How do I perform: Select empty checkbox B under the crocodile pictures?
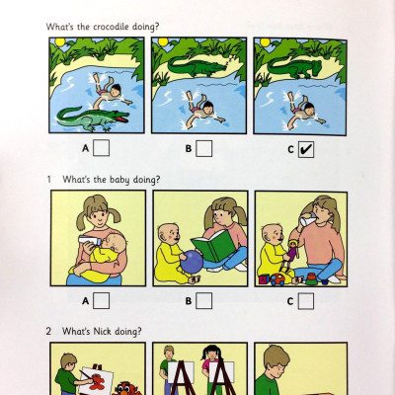point(204,149)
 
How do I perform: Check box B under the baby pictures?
point(204,300)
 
